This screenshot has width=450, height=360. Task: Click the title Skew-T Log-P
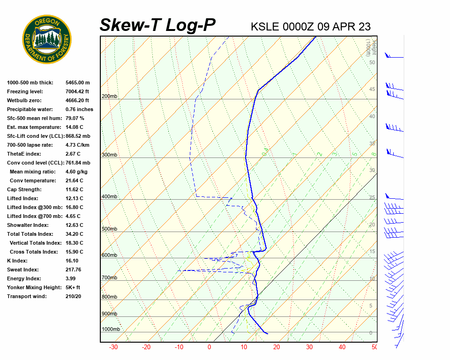click(x=158, y=25)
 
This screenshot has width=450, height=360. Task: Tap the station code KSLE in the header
click(x=265, y=26)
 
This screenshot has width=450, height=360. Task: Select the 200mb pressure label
click(x=110, y=97)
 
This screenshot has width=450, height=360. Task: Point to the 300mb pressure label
click(x=110, y=155)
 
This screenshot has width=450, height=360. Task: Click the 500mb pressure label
click(x=110, y=229)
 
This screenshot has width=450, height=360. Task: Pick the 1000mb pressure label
click(x=111, y=330)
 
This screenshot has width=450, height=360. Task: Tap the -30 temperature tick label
click(x=113, y=347)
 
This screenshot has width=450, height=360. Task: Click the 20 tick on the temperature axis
click(x=277, y=347)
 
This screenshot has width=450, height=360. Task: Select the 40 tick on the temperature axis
click(x=342, y=347)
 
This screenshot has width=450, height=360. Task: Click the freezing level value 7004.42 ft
click(x=77, y=91)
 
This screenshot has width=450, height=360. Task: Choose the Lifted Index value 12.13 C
click(x=75, y=198)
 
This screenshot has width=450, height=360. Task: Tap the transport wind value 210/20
click(x=74, y=296)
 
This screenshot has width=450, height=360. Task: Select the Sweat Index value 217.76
click(x=74, y=270)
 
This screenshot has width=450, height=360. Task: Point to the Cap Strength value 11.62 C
click(x=75, y=189)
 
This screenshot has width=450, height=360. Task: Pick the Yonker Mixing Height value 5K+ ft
click(x=73, y=287)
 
